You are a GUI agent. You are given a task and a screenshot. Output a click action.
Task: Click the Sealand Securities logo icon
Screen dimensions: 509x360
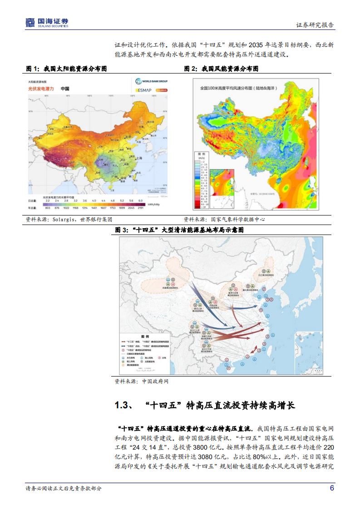pyautogui.click(x=30, y=22)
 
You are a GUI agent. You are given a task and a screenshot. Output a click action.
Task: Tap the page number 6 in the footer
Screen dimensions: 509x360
pyautogui.click(x=332, y=488)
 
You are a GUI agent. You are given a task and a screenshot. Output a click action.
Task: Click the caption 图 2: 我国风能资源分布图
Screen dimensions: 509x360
pyautogui.click(x=221, y=69)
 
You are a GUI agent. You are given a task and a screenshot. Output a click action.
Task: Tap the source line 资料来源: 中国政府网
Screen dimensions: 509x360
pyautogui.click(x=142, y=382)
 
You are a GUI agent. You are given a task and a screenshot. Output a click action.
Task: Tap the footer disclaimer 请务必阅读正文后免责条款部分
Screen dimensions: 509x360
pyautogui.click(x=64, y=489)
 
